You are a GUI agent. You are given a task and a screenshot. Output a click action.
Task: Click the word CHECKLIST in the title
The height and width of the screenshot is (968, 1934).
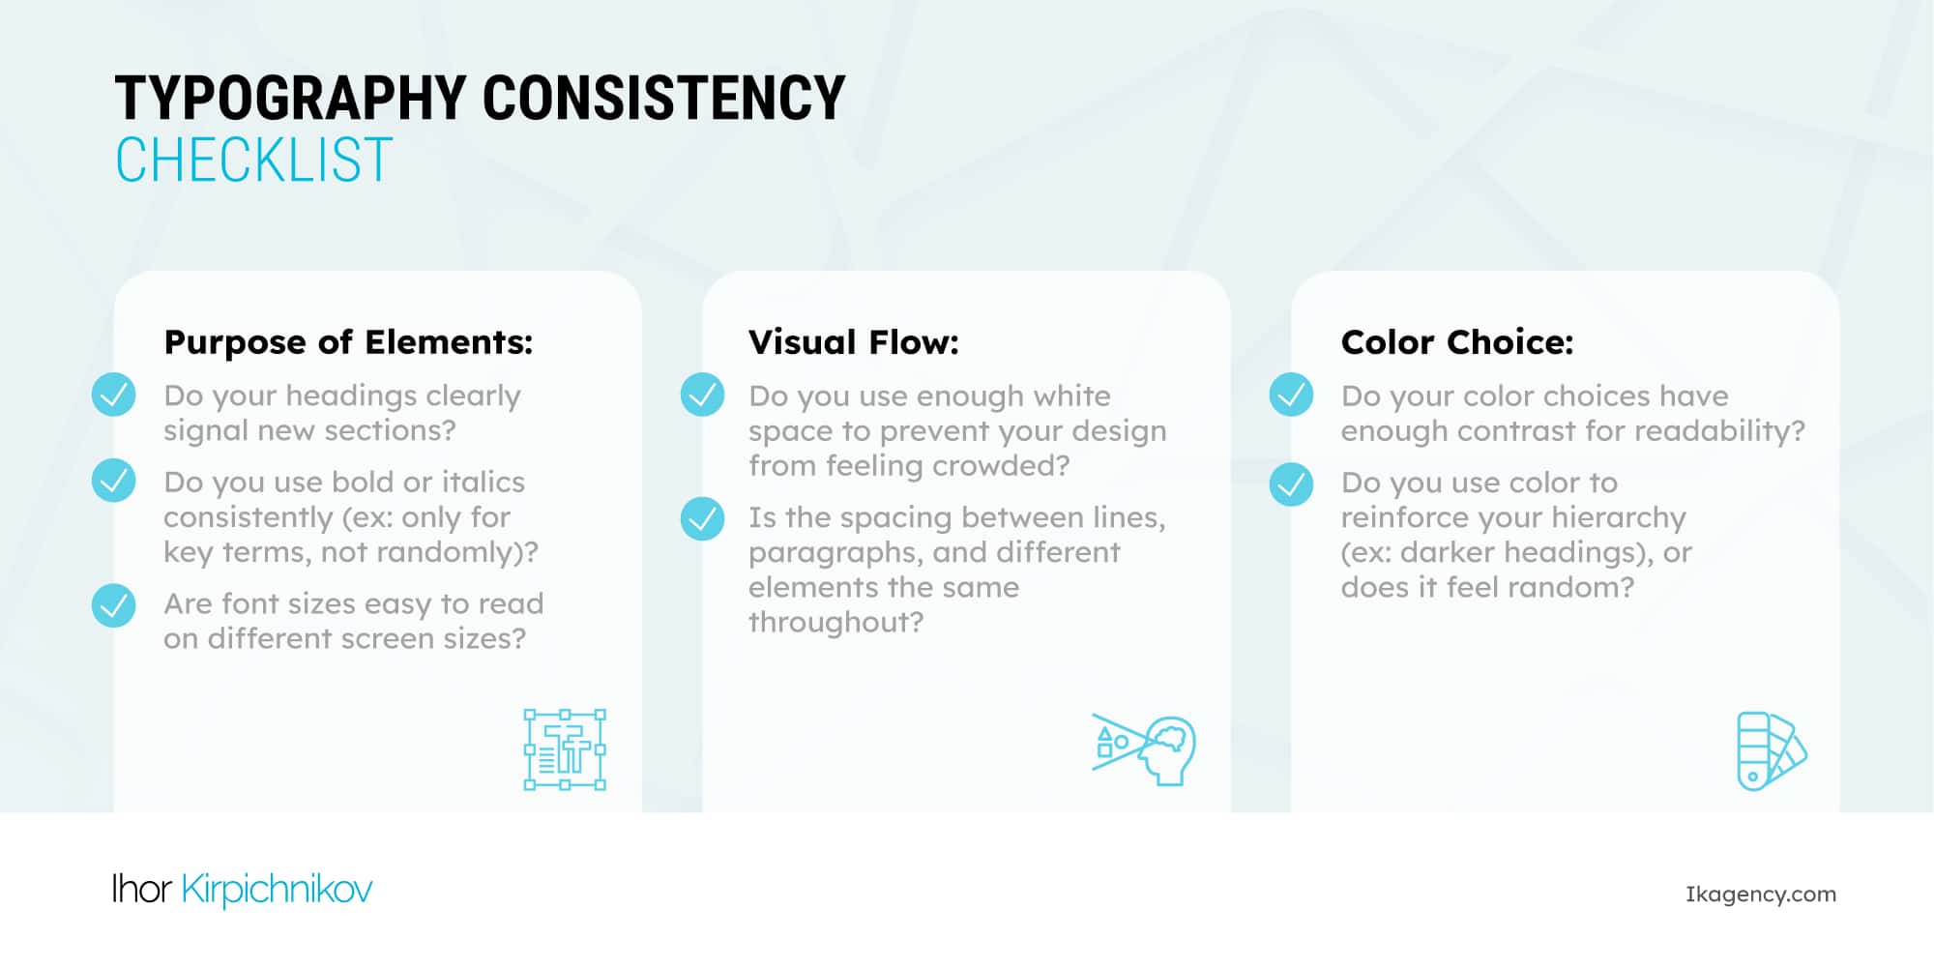[x=254, y=161]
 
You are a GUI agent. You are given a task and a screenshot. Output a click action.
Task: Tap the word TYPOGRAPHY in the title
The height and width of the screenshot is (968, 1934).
[x=290, y=99]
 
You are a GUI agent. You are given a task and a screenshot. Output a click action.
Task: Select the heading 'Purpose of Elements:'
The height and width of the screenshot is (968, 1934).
[x=348, y=342]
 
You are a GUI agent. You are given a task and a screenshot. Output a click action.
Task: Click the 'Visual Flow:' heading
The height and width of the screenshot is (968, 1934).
[x=853, y=342]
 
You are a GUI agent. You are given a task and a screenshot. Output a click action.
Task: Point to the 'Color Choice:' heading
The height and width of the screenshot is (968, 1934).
[x=1456, y=342]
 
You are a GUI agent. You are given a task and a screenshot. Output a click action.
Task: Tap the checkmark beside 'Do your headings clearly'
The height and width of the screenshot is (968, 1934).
[x=114, y=395]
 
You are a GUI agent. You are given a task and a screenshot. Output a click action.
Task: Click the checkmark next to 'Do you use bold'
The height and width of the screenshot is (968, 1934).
[x=114, y=481]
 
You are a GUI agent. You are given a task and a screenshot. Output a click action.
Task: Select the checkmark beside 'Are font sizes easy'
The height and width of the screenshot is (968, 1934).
[x=114, y=605]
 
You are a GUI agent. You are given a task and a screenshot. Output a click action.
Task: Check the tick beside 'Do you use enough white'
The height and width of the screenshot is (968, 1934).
[x=702, y=395]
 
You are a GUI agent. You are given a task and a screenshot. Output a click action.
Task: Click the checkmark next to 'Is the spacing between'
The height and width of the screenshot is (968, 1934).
[x=702, y=518]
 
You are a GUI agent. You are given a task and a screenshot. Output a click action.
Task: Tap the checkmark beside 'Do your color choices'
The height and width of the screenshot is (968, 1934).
[x=1291, y=395]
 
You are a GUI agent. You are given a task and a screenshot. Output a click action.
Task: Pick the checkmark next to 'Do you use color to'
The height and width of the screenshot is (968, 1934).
[x=1291, y=484]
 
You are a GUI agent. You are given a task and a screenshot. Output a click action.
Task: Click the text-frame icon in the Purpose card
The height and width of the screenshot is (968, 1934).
[x=565, y=750]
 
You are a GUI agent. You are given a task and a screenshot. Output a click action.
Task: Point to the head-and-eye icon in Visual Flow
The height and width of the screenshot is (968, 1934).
[x=1145, y=749]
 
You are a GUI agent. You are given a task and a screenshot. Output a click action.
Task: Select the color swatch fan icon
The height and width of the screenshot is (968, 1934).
[x=1771, y=751]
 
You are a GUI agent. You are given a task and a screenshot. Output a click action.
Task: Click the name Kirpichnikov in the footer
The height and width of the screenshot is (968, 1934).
[x=277, y=890]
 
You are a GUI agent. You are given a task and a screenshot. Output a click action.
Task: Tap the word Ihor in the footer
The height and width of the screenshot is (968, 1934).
[x=141, y=888]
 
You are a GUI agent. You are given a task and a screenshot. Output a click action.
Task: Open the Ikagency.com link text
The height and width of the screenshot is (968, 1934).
[x=1760, y=895]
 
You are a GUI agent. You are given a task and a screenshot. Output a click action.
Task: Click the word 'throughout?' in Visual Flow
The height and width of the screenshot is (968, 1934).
[x=835, y=622]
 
